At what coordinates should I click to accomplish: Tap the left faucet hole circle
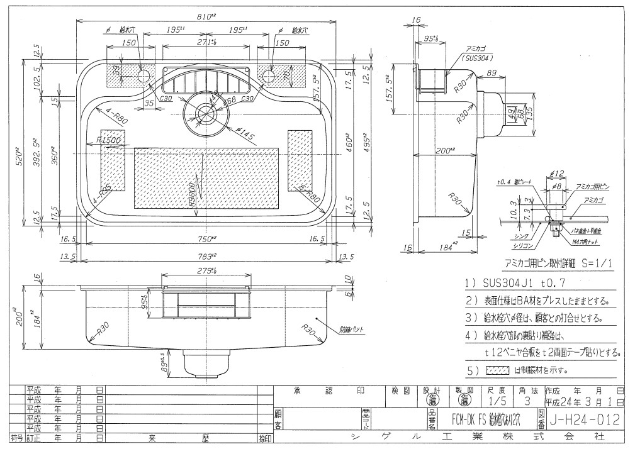[x=143, y=76]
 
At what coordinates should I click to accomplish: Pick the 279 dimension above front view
[x=206, y=271]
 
